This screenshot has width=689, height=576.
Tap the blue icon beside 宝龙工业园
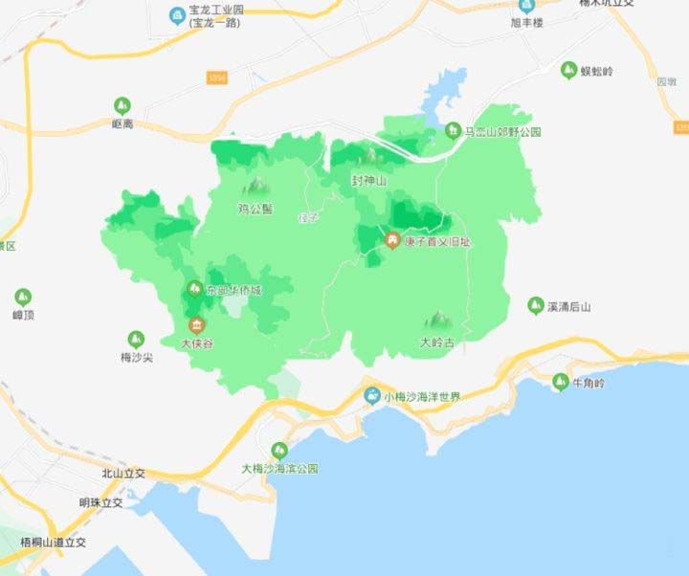tap(177, 15)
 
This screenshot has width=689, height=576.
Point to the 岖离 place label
tap(122, 123)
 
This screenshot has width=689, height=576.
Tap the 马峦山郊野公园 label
tap(502, 132)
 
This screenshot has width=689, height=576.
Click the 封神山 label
tap(368, 180)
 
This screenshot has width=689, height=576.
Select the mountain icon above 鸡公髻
tap(256, 184)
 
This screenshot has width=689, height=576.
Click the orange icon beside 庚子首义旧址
tap(392, 240)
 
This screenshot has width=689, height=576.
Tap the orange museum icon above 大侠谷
tap(196, 323)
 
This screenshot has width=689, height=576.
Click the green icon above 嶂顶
tap(22, 297)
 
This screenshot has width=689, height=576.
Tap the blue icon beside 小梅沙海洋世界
tap(371, 396)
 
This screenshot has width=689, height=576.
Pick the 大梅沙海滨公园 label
tap(278, 469)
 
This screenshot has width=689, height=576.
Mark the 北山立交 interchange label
tap(122, 474)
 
